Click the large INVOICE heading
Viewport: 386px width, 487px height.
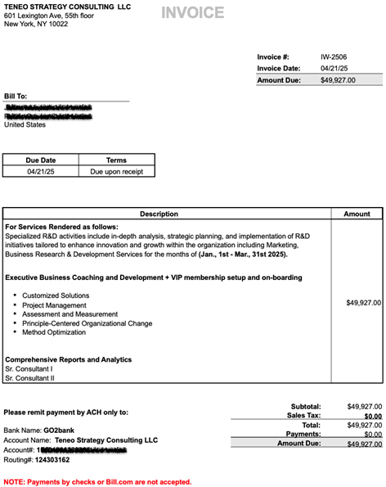pos(192,12)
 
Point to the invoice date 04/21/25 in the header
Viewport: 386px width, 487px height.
pos(334,68)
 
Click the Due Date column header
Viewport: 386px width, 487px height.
pos(41,160)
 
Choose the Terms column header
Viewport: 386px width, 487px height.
pos(116,160)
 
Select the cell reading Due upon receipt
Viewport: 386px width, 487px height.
pos(116,172)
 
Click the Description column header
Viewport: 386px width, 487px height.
pos(159,214)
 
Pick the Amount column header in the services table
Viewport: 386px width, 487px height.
pos(357,214)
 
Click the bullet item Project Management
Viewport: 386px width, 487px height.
pos(54,305)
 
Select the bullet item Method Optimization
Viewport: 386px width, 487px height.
pos(54,332)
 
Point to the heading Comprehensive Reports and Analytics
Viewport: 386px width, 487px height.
pos(68,359)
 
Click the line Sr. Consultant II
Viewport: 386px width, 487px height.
pos(29,378)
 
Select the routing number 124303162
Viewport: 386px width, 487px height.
pos(59,461)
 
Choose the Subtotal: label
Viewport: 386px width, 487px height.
pos(306,406)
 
